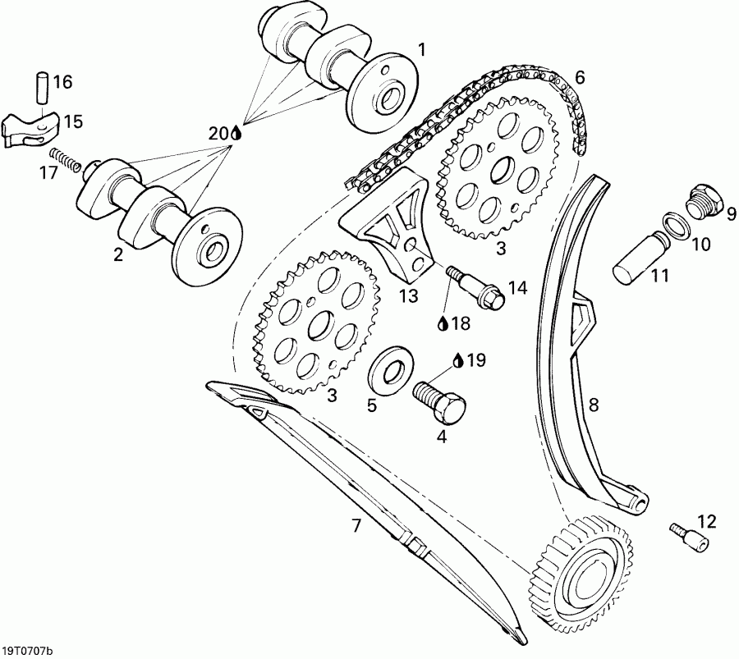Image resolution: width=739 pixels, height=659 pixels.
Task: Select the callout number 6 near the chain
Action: point(580,78)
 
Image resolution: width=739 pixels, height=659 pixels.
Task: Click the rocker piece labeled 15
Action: point(29,126)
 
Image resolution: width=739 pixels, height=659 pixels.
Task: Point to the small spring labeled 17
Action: point(63,159)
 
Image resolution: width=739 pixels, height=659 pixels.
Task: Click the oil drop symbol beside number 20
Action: point(236,132)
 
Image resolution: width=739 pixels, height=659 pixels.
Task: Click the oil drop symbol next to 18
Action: point(443,324)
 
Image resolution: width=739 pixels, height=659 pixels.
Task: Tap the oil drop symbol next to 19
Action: point(458,359)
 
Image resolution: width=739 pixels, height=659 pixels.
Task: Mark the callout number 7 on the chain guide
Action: point(356,526)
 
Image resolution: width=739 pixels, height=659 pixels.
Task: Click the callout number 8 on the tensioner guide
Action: point(593,404)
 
